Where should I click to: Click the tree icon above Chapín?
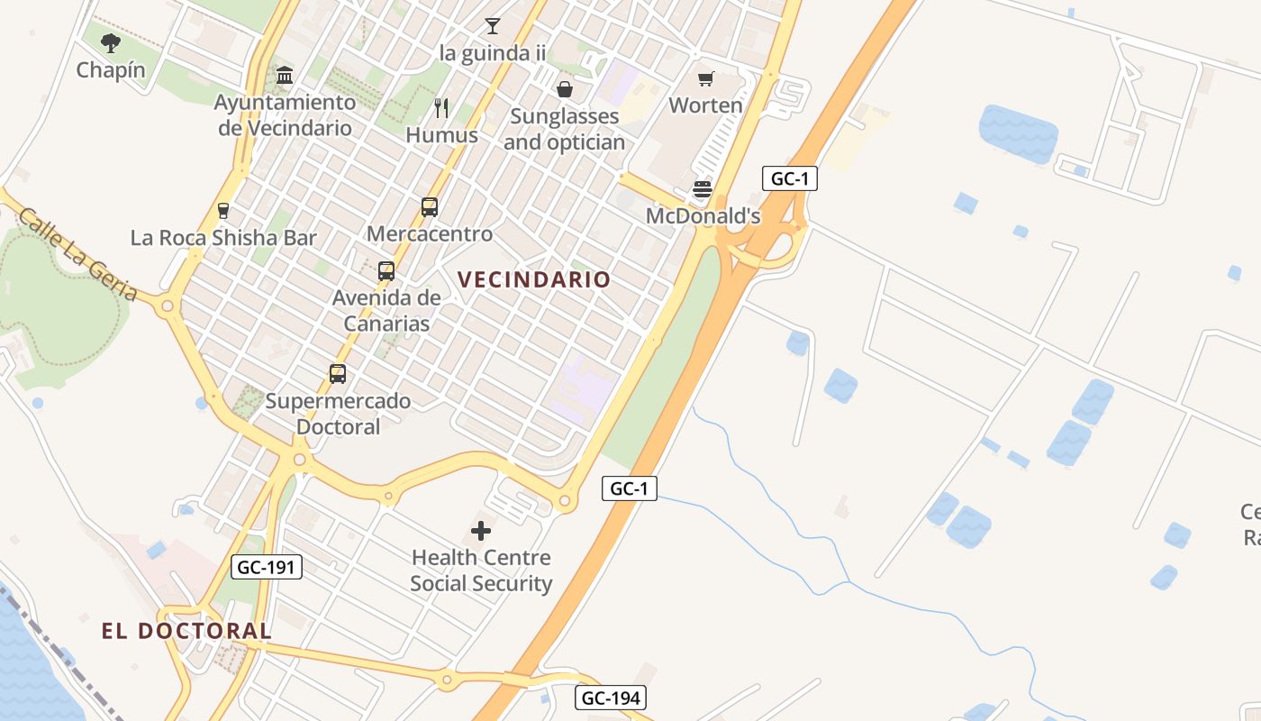click(111, 42)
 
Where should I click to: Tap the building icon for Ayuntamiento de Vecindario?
click(285, 75)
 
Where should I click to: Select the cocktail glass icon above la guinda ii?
click(492, 25)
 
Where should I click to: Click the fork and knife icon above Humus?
click(441, 108)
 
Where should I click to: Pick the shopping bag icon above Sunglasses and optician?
click(565, 88)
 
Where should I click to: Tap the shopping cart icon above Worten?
click(706, 78)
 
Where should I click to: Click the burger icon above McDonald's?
click(703, 189)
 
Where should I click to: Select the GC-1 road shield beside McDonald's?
click(790, 178)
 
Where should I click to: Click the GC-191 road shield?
click(267, 567)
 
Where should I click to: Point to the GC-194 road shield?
click(611, 698)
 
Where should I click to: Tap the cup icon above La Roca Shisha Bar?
click(223, 211)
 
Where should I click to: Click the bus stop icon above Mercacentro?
click(430, 207)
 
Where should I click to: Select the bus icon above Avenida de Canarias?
click(386, 270)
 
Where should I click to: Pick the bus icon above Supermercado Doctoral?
click(338, 373)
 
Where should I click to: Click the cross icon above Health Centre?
click(481, 531)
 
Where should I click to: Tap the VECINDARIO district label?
click(534, 279)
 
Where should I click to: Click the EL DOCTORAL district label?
click(186, 631)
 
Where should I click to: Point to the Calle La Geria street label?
click(77, 255)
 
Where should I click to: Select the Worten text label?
click(706, 105)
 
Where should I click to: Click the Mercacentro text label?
click(430, 234)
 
